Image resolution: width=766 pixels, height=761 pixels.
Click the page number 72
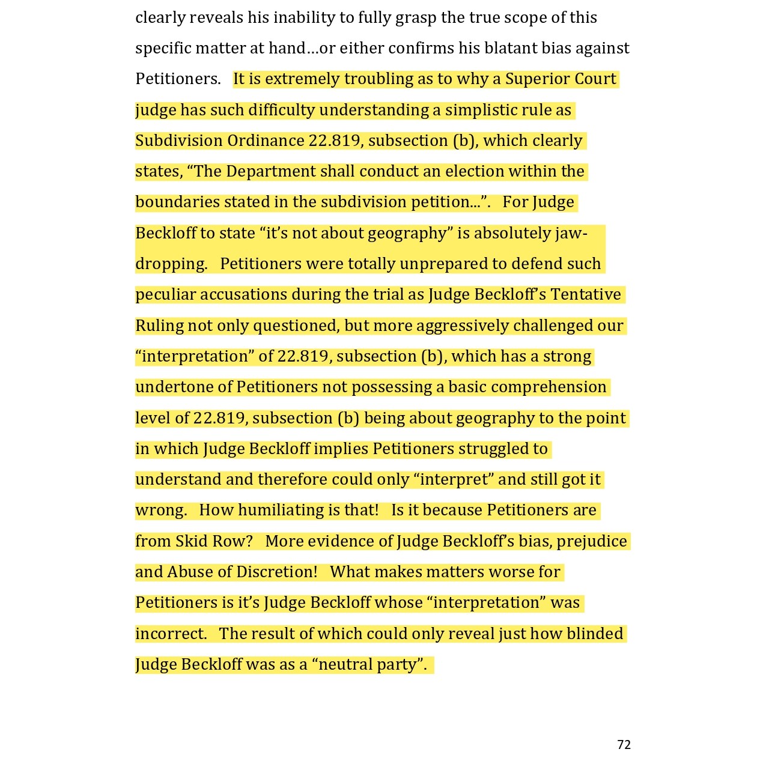point(624,745)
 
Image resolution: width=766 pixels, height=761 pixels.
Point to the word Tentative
point(586,294)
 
